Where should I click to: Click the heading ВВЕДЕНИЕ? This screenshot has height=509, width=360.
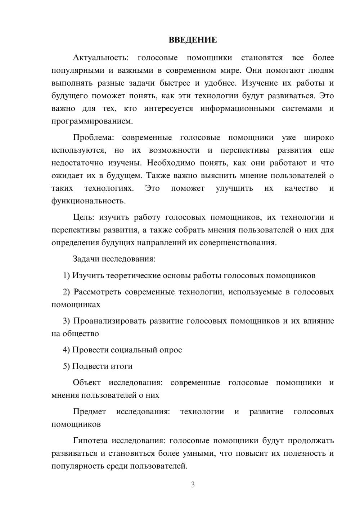click(x=193, y=40)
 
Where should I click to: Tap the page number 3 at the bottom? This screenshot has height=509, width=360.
click(x=193, y=485)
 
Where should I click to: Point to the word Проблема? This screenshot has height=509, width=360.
click(x=93, y=138)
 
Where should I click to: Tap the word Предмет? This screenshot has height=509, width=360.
click(x=89, y=411)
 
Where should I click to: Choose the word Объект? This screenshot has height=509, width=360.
click(x=87, y=383)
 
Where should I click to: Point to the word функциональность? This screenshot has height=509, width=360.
click(x=89, y=201)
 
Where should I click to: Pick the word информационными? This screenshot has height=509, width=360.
click(x=237, y=108)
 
